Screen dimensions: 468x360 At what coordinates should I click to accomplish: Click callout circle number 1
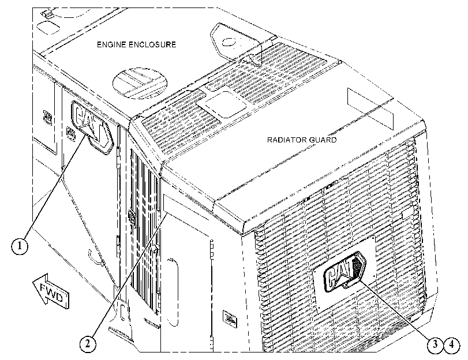[x=20, y=246]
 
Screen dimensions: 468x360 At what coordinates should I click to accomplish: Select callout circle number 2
[x=88, y=344]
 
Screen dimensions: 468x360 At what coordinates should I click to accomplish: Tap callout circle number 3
[x=436, y=345]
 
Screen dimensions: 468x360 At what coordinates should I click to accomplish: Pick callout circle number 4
[x=452, y=345]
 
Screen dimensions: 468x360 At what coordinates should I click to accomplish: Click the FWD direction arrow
[x=51, y=290]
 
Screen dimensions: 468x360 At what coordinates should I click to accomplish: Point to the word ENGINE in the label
[x=111, y=44]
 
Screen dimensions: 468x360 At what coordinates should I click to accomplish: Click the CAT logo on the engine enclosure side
[x=92, y=127]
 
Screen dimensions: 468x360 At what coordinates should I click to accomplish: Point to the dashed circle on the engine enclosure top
[x=140, y=82]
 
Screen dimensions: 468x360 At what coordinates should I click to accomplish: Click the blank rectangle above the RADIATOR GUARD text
[x=370, y=108]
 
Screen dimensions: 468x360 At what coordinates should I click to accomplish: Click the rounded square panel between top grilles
[x=222, y=104]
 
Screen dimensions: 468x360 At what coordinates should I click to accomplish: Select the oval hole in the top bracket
[x=230, y=42]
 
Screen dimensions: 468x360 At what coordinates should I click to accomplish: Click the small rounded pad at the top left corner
[x=48, y=27]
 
